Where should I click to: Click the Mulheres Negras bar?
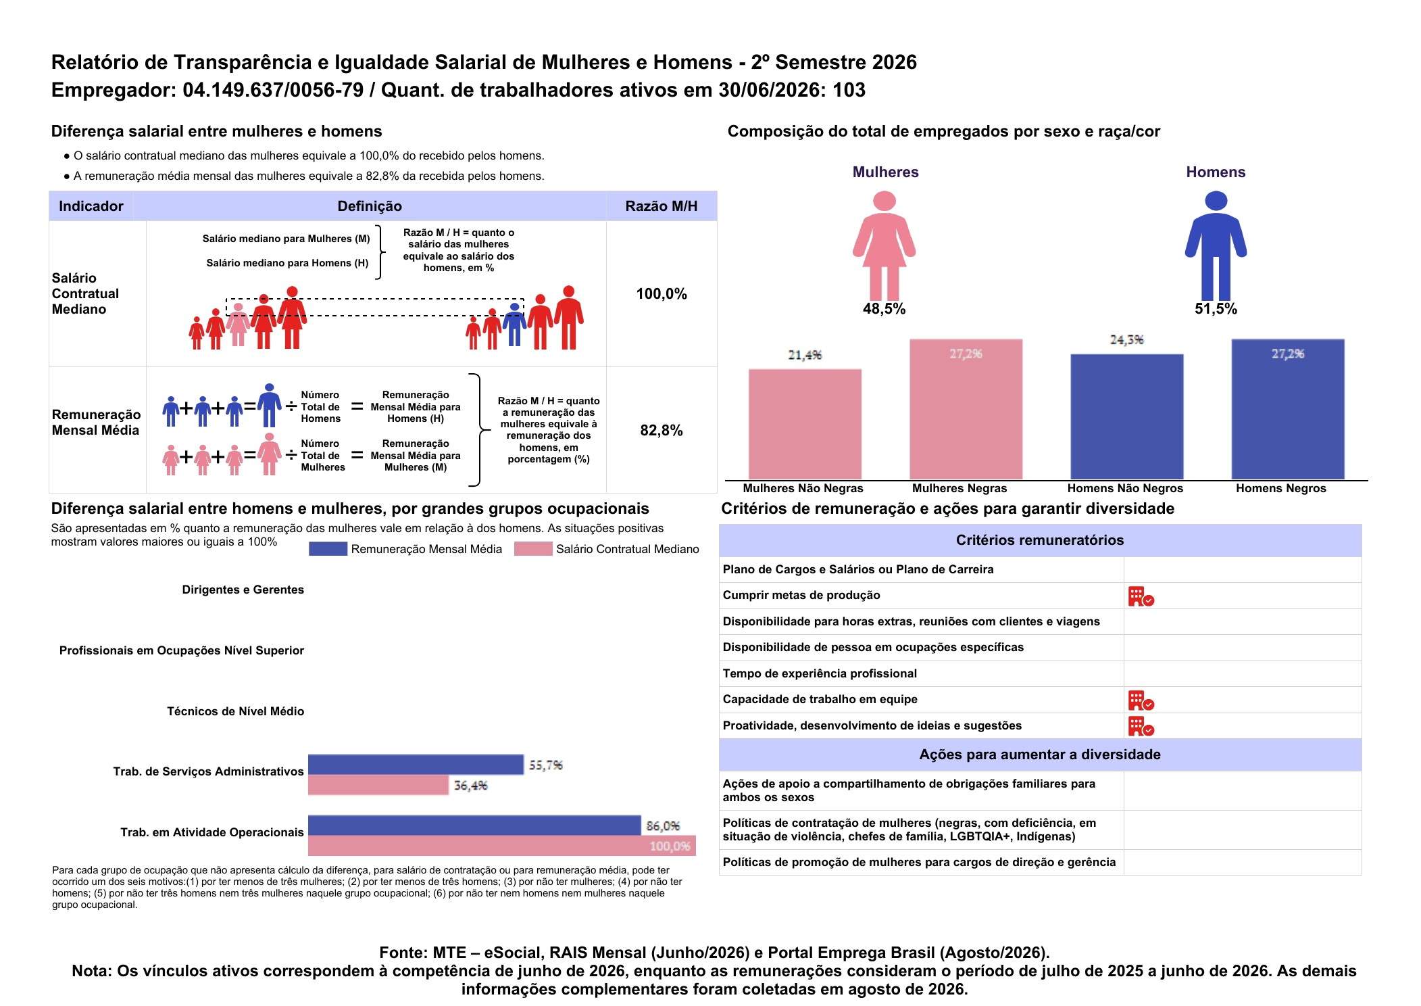tap(966, 410)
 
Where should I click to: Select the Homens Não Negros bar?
tap(1126, 417)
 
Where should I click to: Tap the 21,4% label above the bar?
tap(805, 355)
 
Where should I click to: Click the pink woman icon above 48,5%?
tap(884, 245)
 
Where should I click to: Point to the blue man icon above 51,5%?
tap(1216, 245)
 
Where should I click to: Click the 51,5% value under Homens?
tap(1216, 309)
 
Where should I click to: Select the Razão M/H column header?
tap(662, 206)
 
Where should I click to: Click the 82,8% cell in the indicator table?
tap(662, 431)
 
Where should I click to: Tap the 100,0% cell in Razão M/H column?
tap(662, 294)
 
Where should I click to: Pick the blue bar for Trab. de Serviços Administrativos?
tap(416, 765)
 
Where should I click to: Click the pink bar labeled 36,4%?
tap(378, 785)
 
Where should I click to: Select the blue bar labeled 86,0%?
tap(474, 825)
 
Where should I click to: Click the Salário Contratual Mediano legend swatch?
tap(533, 549)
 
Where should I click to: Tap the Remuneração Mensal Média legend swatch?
tap(328, 549)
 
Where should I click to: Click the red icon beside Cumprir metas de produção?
tap(1141, 596)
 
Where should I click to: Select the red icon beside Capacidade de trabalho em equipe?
tap(1141, 700)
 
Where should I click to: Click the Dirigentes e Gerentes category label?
tap(243, 590)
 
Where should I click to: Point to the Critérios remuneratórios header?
tap(1040, 540)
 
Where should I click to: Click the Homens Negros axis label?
tap(1281, 488)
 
